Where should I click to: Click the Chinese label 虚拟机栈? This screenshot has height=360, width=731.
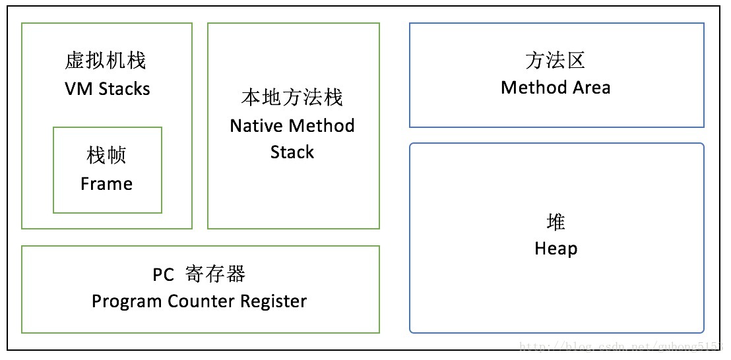106,61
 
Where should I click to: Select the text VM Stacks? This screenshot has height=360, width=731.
106,89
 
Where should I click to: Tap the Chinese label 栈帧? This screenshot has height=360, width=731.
106,156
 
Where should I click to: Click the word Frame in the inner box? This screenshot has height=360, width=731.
106,184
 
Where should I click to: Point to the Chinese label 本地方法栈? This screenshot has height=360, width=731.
292,98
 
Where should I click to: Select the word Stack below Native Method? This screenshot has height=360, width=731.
292,152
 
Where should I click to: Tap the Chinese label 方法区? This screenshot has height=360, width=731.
556,61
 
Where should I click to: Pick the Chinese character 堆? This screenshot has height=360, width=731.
556,222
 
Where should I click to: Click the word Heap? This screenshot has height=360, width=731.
556,249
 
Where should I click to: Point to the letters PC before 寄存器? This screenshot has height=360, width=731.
163,275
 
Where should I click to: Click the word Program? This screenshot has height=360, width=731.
126,302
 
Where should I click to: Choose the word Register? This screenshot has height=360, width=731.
274,302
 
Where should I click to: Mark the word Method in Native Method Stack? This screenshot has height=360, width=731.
321,126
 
